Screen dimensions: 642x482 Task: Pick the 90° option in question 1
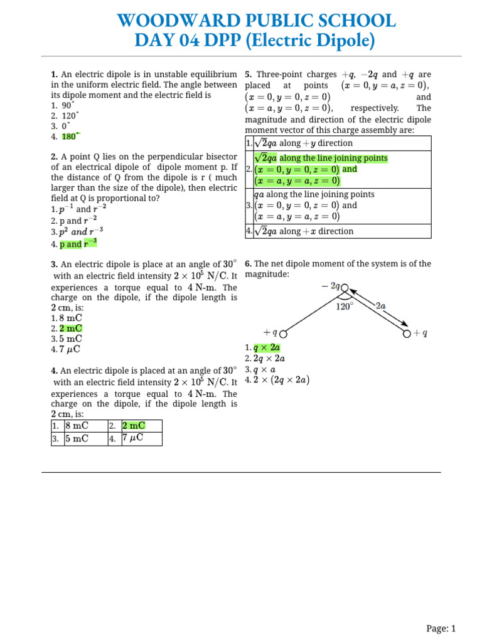(66, 105)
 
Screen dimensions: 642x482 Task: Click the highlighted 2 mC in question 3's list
(71, 328)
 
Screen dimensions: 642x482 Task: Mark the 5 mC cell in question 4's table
(77, 438)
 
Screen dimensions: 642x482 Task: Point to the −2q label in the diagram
(329, 285)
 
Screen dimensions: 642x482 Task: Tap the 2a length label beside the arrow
(380, 305)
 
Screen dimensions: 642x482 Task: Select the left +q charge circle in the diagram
(284, 334)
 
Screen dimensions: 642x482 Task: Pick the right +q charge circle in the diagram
(406, 334)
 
